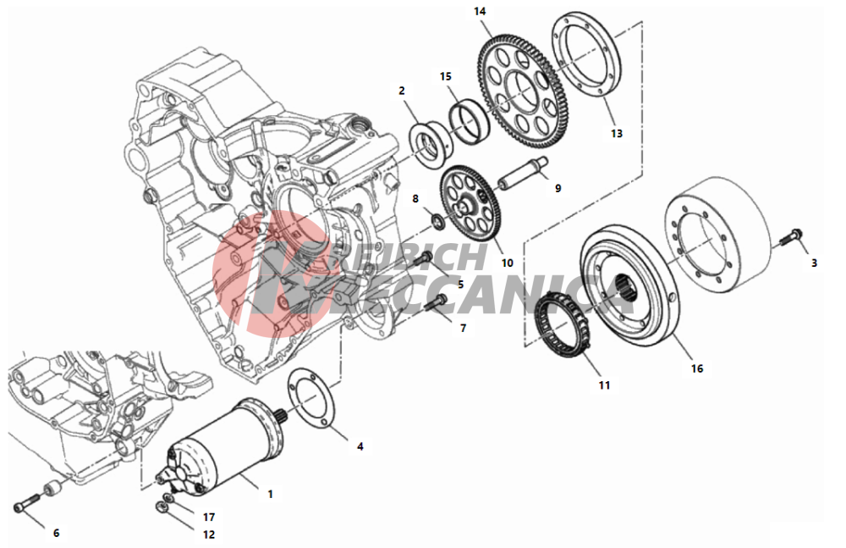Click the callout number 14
point(480,12)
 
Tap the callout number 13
point(616,133)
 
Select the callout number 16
point(697,368)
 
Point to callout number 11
point(604,385)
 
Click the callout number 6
point(56,533)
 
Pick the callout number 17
point(209,518)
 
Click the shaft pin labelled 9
point(522,172)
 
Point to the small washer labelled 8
point(439,220)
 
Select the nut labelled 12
point(162,506)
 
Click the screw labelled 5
point(423,258)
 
